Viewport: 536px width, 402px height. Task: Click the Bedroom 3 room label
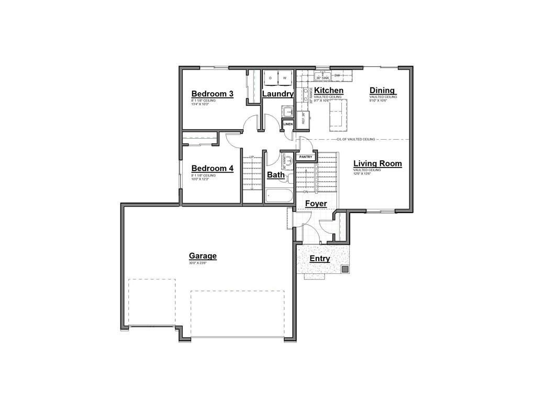point(212,94)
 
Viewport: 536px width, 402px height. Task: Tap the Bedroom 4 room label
point(212,168)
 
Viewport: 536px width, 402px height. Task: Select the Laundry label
point(277,94)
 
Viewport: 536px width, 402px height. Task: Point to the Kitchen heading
point(329,91)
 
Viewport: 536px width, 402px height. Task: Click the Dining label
point(382,91)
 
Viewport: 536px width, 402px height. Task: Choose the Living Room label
point(377,163)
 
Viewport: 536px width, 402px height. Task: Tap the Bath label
point(276,174)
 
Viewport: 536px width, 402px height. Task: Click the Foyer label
point(316,203)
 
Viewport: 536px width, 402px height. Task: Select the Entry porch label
point(320,259)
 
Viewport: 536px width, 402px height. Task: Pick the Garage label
point(203,256)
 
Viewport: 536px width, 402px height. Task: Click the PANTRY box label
point(306,157)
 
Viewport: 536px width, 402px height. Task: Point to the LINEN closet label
point(288,124)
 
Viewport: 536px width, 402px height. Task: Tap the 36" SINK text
point(321,78)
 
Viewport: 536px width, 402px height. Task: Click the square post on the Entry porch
point(345,269)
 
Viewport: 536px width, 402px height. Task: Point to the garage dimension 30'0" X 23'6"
point(198,263)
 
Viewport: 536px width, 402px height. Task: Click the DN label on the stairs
point(305,192)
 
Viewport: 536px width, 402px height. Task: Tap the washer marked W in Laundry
point(285,77)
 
